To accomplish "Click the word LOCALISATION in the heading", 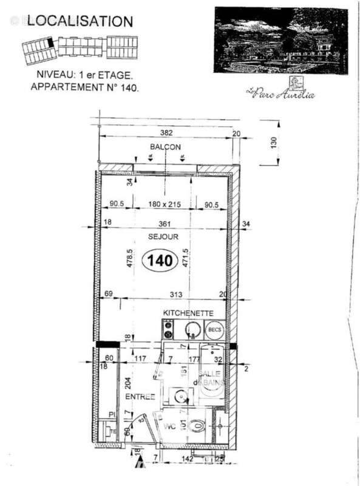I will point(80,21).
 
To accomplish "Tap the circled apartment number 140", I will point(159,261).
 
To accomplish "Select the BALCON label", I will point(165,147).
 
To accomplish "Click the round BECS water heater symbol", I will point(214,330).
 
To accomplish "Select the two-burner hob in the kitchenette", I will point(168,330).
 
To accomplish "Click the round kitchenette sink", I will point(192,330).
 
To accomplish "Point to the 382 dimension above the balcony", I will point(166,133).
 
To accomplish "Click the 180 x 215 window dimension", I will point(166,204).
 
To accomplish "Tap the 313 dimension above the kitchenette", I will point(176,295).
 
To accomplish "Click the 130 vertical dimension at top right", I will point(274,143).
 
